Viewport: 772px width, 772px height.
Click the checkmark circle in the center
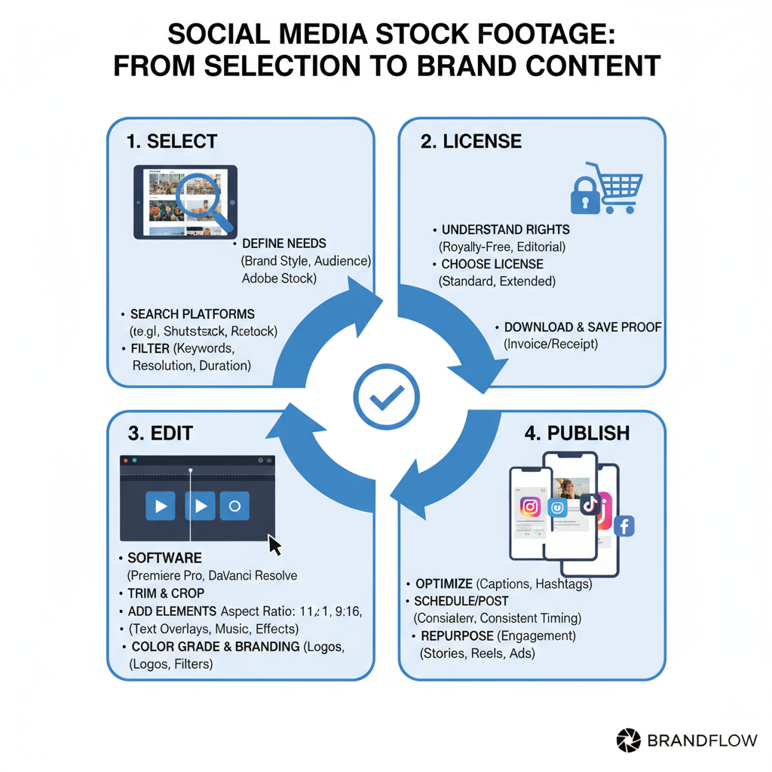pyautogui.click(x=386, y=397)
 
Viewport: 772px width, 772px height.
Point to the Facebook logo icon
pyautogui.click(x=623, y=526)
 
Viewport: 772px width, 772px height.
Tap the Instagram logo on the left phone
pyautogui.click(x=530, y=507)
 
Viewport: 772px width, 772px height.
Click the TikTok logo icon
pyautogui.click(x=589, y=503)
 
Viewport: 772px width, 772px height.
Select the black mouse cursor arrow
pyautogui.click(x=275, y=545)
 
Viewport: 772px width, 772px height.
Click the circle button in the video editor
pyautogui.click(x=234, y=506)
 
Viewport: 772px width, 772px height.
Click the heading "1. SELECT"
pyautogui.click(x=172, y=141)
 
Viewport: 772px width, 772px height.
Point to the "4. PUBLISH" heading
pyautogui.click(x=577, y=433)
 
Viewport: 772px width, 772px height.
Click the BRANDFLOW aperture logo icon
pyautogui.click(x=627, y=740)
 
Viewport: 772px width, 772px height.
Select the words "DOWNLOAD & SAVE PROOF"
pyautogui.click(x=583, y=327)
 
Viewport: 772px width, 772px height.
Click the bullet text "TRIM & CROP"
pyautogui.click(x=166, y=593)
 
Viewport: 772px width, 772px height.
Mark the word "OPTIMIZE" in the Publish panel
pyautogui.click(x=443, y=584)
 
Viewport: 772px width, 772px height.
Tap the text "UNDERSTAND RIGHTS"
pyautogui.click(x=505, y=229)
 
